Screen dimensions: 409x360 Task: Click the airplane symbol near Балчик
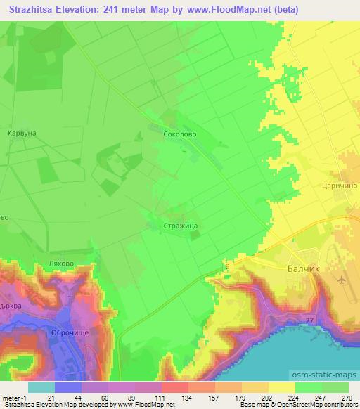tap(342, 280)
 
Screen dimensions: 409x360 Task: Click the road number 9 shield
tap(226, 266)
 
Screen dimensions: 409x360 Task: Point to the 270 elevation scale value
tap(347, 398)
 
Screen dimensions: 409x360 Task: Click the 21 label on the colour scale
tap(51, 398)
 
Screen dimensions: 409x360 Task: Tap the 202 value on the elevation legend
tap(247, 398)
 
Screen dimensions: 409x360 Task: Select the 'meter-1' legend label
tap(14, 398)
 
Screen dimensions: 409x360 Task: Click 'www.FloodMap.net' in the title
tap(240, 10)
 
